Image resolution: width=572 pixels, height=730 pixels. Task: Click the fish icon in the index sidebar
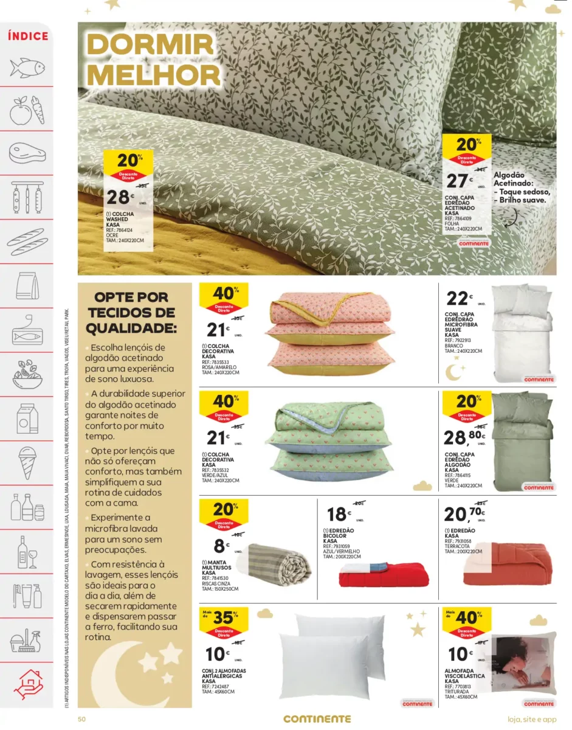pyautogui.click(x=28, y=67)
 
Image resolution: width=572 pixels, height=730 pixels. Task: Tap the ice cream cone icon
pyautogui.click(x=28, y=460)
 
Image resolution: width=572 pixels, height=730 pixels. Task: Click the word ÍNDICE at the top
pyautogui.click(x=28, y=36)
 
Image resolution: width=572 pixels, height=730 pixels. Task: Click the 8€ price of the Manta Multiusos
pyautogui.click(x=220, y=546)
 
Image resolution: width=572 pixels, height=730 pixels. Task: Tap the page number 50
pyautogui.click(x=81, y=718)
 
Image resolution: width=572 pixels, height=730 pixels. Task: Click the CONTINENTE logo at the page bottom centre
pyautogui.click(x=317, y=718)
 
